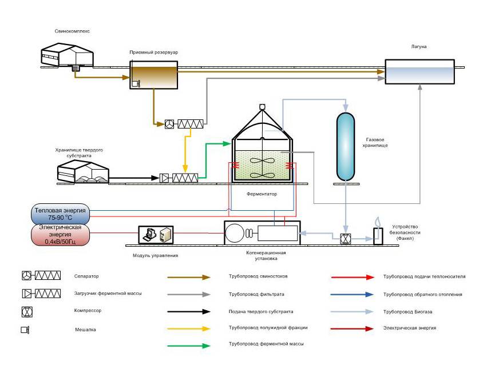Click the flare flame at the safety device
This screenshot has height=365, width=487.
pos(377,222)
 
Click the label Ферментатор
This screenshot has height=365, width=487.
pos(262,195)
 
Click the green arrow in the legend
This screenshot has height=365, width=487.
pos(189,345)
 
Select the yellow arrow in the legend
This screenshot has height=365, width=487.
pos(189,328)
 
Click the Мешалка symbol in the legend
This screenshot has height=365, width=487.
pos(25,330)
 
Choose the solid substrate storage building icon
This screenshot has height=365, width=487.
pos(84,171)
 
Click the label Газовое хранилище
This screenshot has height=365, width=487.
pos(377,142)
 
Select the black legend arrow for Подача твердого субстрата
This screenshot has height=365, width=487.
pos(189,311)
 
